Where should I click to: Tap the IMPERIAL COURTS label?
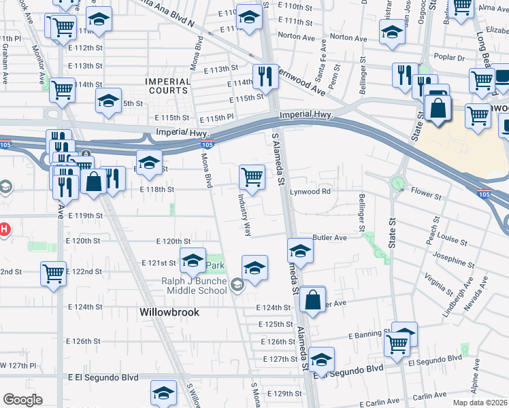tap(167, 86)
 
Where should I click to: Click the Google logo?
tap(22, 399)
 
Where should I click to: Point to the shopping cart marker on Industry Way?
tap(252, 177)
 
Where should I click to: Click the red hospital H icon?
tap(3, 229)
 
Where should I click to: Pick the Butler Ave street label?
tap(329, 238)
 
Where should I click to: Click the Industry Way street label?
tap(244, 215)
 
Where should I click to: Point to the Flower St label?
tap(427, 196)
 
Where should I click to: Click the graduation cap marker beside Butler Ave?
tap(299, 251)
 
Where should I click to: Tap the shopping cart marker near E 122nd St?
tap(53, 273)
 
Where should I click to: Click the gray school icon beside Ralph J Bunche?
tap(237, 285)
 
